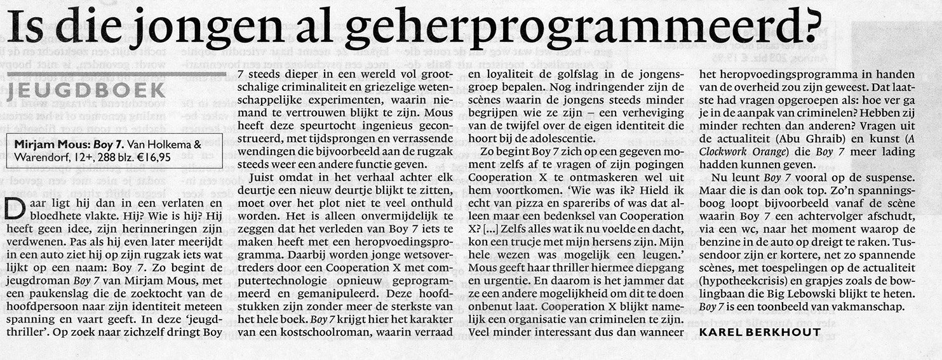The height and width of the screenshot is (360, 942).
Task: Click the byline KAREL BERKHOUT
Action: [760, 331]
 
